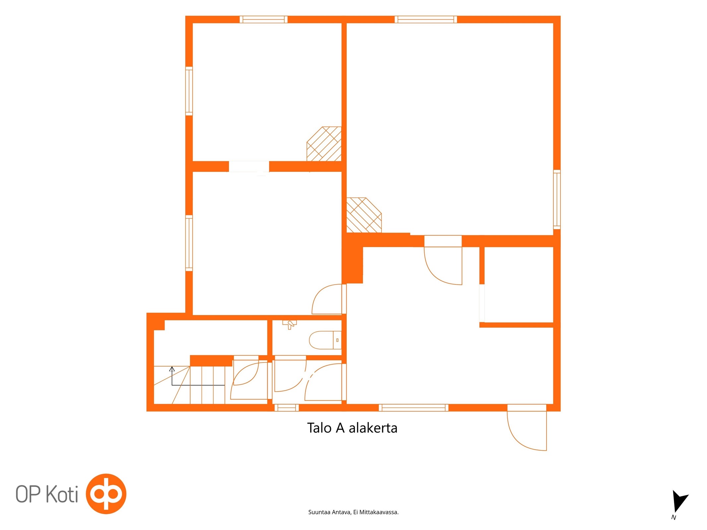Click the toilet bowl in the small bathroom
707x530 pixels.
pos(325,340)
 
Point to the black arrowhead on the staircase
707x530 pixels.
pos(172,369)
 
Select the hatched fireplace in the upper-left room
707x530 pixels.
pos(324,144)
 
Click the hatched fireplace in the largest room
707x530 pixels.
pos(364,215)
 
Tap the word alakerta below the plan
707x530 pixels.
pos(373,428)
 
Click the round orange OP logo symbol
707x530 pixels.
pos(106,494)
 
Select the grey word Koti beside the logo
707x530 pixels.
pos(62,494)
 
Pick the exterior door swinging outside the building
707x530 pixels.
pos(527,431)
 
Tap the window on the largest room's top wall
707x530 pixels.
pos(426,20)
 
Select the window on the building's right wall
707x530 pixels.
pos(557,199)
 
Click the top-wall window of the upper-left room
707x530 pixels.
pos(264,20)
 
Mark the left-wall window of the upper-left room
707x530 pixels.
pos(189,91)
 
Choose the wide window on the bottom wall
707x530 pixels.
pos(413,407)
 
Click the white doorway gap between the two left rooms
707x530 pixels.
pos(249,166)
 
